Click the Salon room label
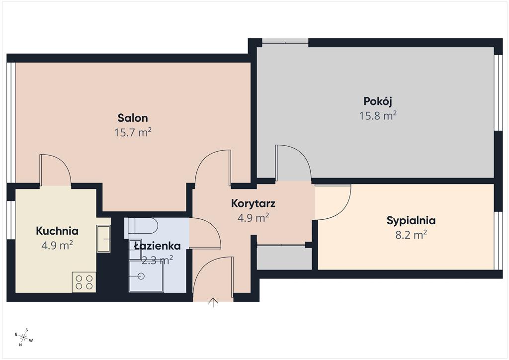coord(132,118)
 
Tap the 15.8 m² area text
coord(378,115)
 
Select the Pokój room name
coord(378,101)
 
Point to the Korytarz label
coord(253,203)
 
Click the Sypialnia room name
coord(411,221)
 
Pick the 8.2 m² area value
coord(411,235)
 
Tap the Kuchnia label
coord(57,231)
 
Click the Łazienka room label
coord(158,246)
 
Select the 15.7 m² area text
coord(133,132)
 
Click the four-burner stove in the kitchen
coord(84,282)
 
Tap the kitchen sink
coord(103,238)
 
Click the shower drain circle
coord(141,276)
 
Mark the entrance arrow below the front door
coord(213,302)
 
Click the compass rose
coord(24,337)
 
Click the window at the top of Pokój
coord(285,41)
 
